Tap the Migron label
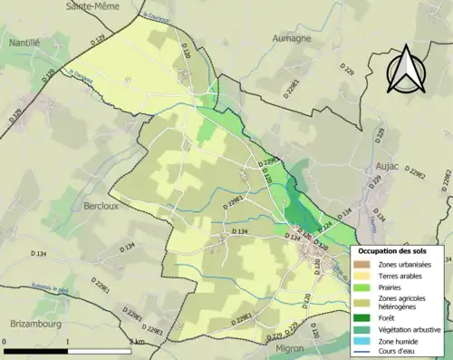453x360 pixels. (285, 347)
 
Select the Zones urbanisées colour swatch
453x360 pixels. (363, 264)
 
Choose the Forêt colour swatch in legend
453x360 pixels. (363, 318)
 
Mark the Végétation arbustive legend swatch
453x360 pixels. (363, 329)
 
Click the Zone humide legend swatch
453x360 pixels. (363, 340)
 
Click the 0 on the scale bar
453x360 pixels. (5, 342)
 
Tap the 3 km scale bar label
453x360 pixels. (137, 342)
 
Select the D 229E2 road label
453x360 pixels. (418, 172)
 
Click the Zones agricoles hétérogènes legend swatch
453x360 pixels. (363, 302)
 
